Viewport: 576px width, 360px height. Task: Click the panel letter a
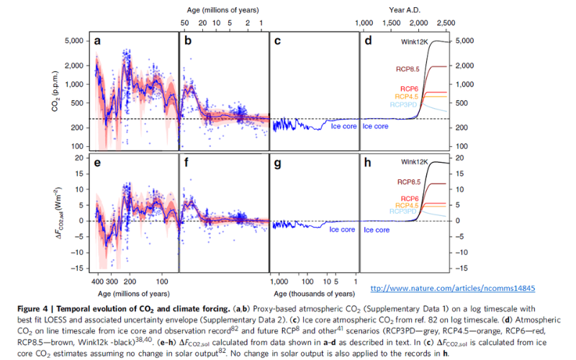tap(97, 42)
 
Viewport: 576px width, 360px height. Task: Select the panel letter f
tap(188, 163)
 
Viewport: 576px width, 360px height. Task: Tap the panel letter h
tap(368, 163)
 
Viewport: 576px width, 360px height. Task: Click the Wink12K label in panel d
tap(414, 42)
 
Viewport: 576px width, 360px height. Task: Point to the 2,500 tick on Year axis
tap(446, 23)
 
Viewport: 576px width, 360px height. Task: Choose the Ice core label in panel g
tap(343, 230)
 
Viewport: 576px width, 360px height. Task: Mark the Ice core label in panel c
tap(343, 126)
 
